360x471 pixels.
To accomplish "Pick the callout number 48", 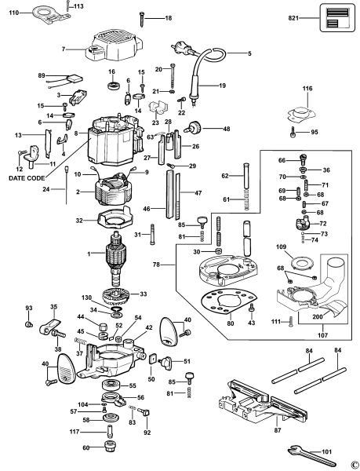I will (226, 129).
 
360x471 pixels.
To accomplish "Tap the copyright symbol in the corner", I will (355, 463).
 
